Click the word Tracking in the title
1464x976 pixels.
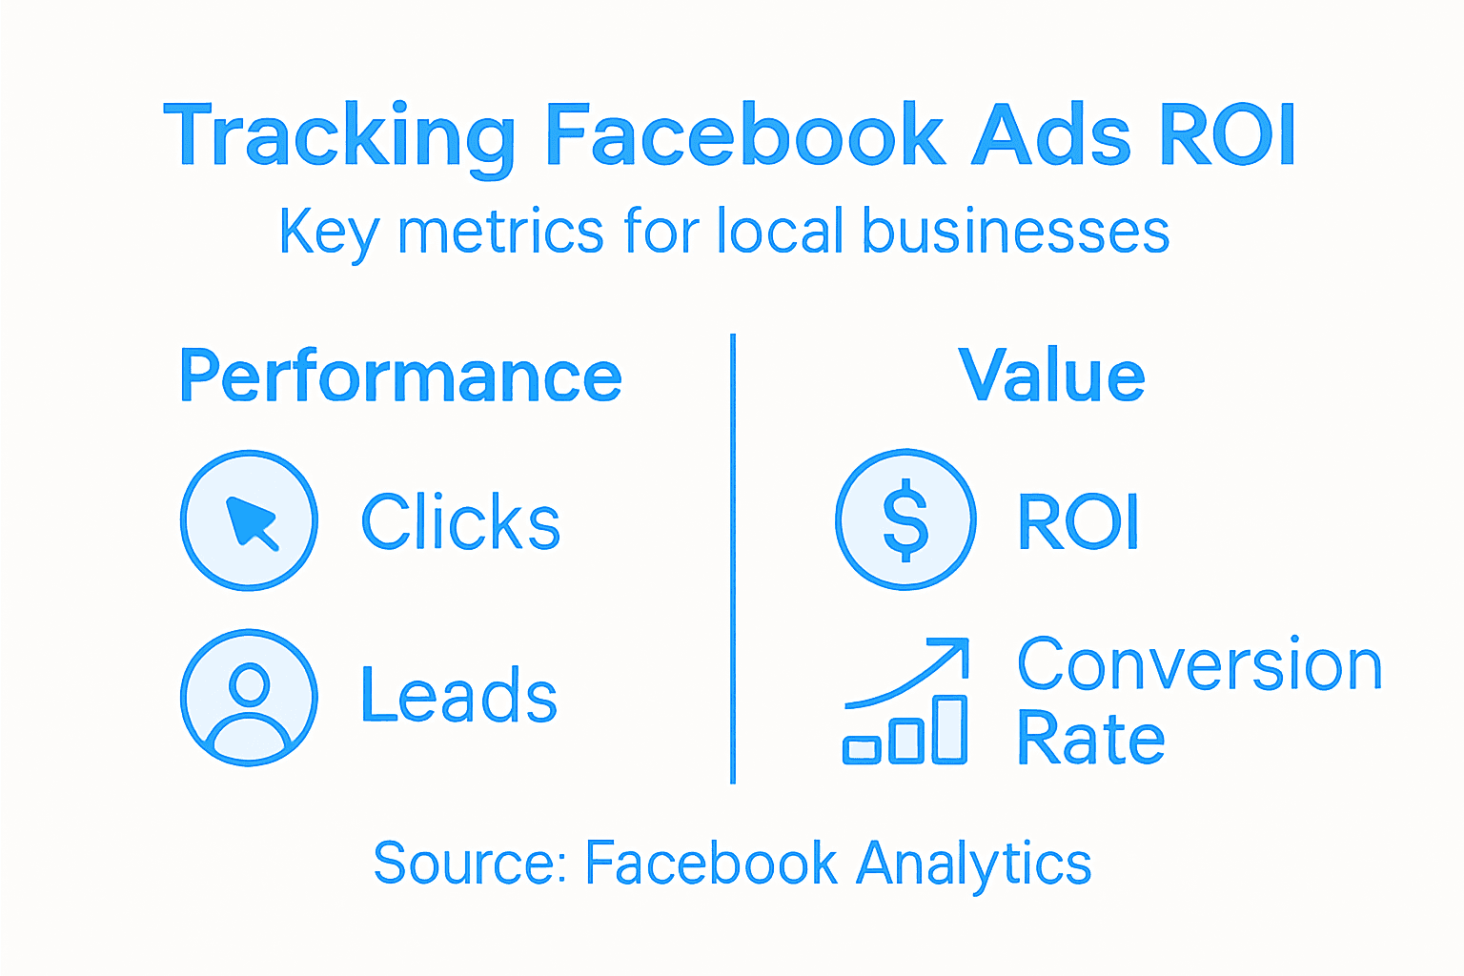tap(338, 136)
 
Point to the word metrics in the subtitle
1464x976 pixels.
tap(500, 232)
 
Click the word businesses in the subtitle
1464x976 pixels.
tap(1015, 232)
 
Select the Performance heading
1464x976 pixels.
tap(400, 376)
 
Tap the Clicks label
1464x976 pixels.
tap(460, 522)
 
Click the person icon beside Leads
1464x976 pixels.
tap(250, 698)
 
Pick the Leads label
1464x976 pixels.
tap(458, 696)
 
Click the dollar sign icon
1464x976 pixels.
tap(905, 519)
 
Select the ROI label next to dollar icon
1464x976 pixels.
tap(1078, 521)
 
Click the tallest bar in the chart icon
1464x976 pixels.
tap(949, 729)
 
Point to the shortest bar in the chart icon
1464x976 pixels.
tap(862, 750)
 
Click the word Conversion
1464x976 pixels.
tap(1199, 664)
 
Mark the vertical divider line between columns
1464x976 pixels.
tap(732, 558)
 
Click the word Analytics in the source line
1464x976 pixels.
tap(973, 864)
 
